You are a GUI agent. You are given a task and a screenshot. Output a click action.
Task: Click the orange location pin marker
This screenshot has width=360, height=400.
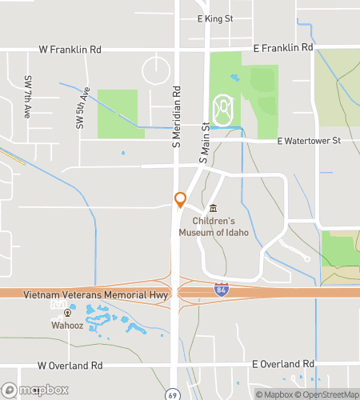180,199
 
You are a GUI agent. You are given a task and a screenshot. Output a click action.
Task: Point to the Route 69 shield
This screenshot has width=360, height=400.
172,394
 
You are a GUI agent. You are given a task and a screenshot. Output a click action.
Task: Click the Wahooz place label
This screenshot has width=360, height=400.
66,326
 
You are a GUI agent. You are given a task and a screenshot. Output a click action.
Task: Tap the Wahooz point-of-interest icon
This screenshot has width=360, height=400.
66,314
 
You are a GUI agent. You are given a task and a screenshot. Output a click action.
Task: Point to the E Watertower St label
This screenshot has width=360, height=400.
309,141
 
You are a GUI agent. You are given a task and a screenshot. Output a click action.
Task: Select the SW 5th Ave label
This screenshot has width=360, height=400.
81,108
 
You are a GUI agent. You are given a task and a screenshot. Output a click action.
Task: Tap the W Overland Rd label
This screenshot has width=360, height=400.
70,366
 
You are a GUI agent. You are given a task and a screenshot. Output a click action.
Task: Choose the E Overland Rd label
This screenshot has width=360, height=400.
282,364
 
